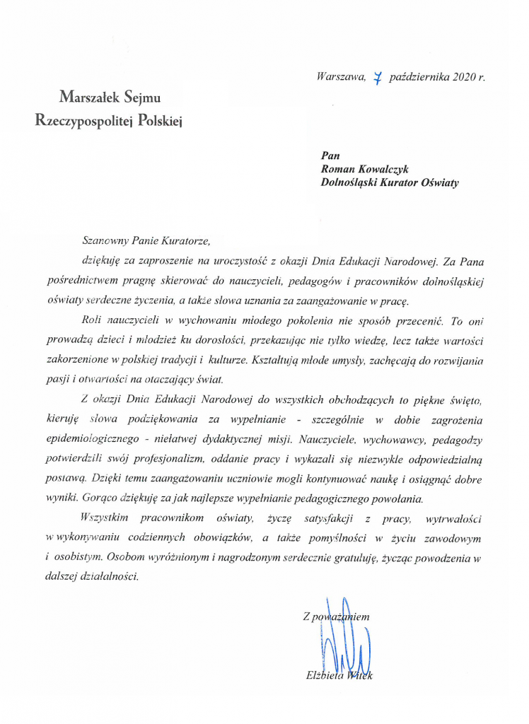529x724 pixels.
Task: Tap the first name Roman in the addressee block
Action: point(339,169)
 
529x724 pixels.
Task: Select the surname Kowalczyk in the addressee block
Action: point(388,169)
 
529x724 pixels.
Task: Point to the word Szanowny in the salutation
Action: point(105,240)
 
